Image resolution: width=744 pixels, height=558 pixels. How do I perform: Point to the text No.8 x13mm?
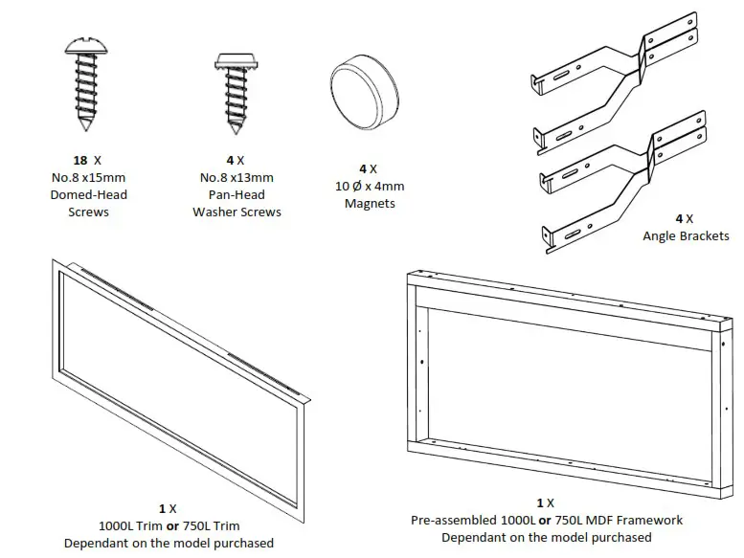coord(237,177)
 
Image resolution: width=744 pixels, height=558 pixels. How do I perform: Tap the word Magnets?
coord(369,203)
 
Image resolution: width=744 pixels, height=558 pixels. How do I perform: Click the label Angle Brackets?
coord(686,235)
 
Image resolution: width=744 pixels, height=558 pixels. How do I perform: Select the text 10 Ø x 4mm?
coord(369,186)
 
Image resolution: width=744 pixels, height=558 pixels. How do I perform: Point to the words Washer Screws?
coord(237,212)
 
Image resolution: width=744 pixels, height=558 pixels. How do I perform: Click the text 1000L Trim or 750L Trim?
coord(169,525)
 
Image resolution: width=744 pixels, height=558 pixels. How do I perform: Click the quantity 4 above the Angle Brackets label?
coord(678,218)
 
